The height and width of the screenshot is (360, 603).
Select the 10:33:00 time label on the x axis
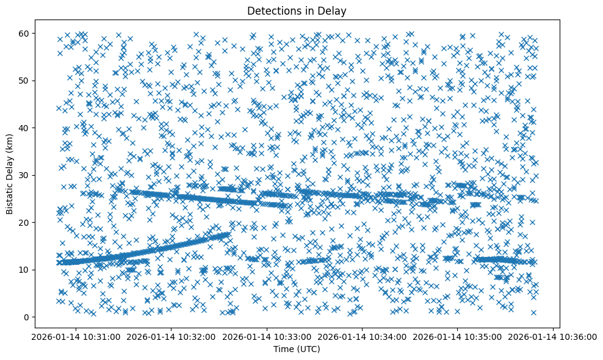tap(267, 337)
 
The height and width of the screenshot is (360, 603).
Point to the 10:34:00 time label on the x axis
tap(363, 337)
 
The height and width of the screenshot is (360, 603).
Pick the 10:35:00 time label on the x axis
tap(458, 337)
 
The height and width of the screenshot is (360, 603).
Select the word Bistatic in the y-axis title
tap(10, 198)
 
